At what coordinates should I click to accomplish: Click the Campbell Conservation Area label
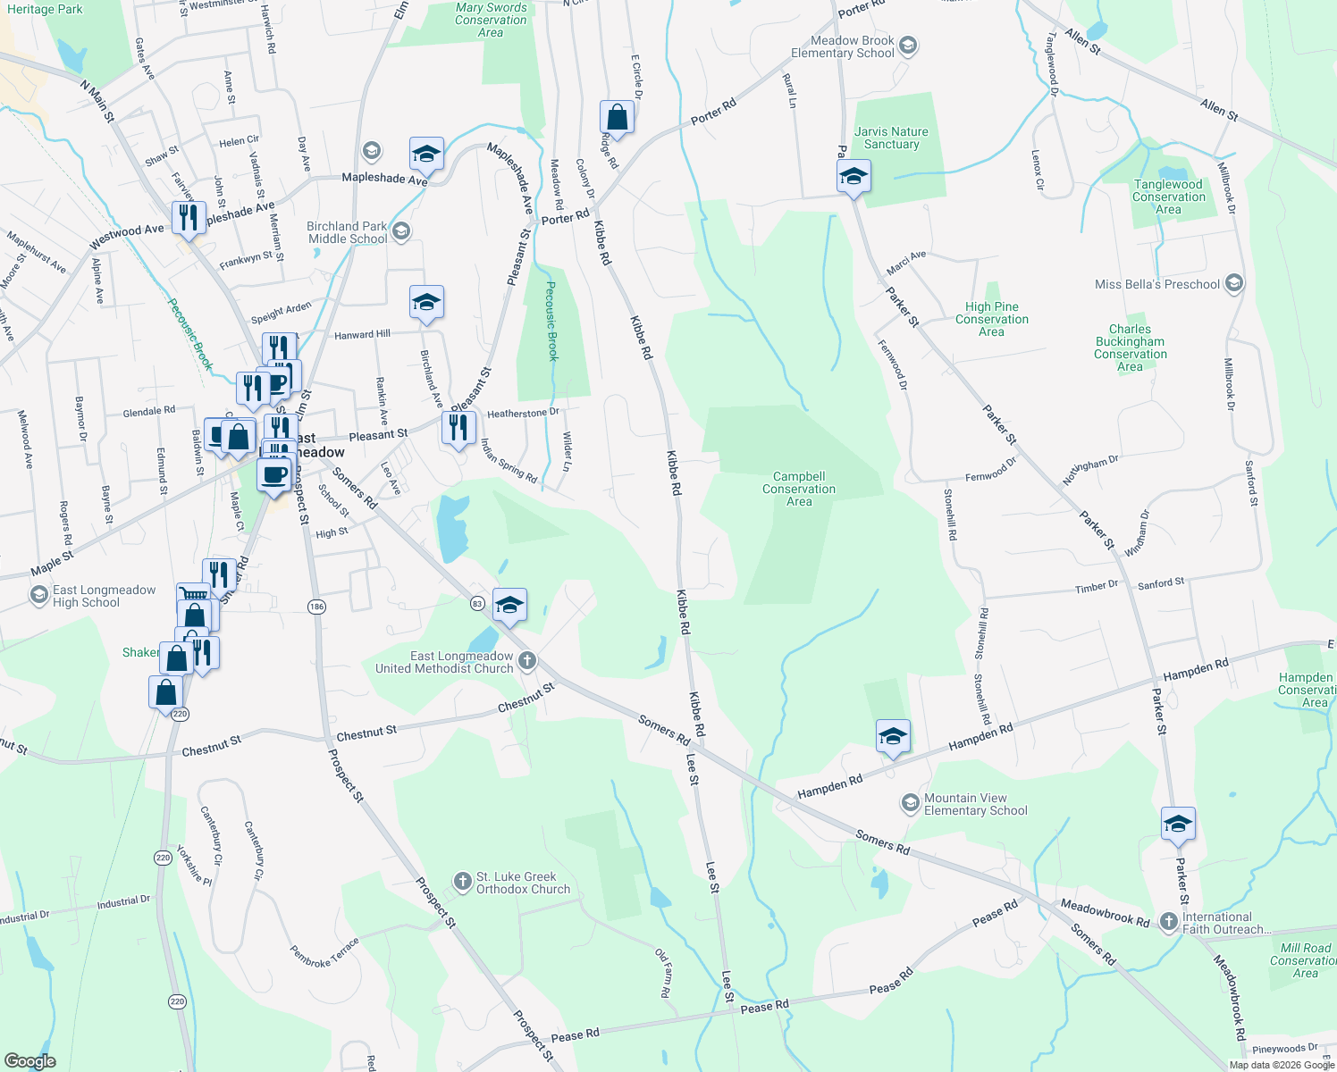click(799, 489)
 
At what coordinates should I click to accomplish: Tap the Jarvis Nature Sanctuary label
click(891, 138)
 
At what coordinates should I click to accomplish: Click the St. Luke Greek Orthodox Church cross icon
click(462, 883)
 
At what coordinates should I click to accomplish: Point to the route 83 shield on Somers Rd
click(478, 604)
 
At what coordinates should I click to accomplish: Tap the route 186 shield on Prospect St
click(316, 607)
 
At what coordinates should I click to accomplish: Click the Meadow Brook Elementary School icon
click(908, 46)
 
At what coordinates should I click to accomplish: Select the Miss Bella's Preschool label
click(1156, 284)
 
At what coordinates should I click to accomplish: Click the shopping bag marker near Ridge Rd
click(617, 117)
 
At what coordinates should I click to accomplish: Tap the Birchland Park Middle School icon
click(400, 232)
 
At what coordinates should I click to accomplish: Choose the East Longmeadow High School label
click(104, 596)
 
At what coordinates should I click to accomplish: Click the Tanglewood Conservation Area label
click(1168, 197)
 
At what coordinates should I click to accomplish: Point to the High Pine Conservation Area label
click(991, 319)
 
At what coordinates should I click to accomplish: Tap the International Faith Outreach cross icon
click(1168, 922)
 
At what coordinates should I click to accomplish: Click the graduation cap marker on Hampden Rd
click(893, 737)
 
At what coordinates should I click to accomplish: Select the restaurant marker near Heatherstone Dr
click(458, 428)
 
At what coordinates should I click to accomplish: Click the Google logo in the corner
click(30, 1061)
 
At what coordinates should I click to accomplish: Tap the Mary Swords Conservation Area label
click(491, 20)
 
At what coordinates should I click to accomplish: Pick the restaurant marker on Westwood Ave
click(189, 217)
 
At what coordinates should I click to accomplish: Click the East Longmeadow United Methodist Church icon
click(527, 661)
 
